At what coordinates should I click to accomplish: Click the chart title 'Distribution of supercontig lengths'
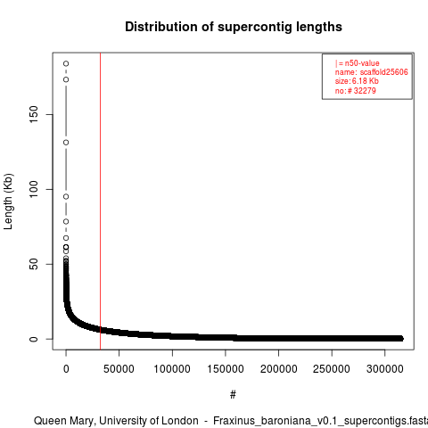pos(234,27)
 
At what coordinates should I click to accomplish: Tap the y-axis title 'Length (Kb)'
pos(8,202)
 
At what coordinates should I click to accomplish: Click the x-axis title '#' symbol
pos(233,395)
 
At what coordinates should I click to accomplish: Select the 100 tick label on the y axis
pos(34,189)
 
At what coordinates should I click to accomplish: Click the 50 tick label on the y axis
pos(34,264)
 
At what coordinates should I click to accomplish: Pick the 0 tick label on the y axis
pos(34,339)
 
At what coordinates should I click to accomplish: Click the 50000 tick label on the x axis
pos(119,369)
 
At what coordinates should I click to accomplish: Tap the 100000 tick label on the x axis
pos(172,369)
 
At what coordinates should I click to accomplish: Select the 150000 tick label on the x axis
pos(226,369)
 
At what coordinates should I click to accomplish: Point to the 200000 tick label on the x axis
pos(278,369)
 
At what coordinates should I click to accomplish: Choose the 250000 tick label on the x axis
pos(332,369)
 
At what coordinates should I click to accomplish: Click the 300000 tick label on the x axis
pos(384,369)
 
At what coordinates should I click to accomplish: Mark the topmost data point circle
pos(66,63)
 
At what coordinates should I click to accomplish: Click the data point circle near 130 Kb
pos(66,143)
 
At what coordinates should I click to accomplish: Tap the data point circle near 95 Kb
pos(66,196)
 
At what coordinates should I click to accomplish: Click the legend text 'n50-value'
pos(362,63)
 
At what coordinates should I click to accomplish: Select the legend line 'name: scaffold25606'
pos(372,72)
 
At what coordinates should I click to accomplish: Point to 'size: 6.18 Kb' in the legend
pos(357,81)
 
